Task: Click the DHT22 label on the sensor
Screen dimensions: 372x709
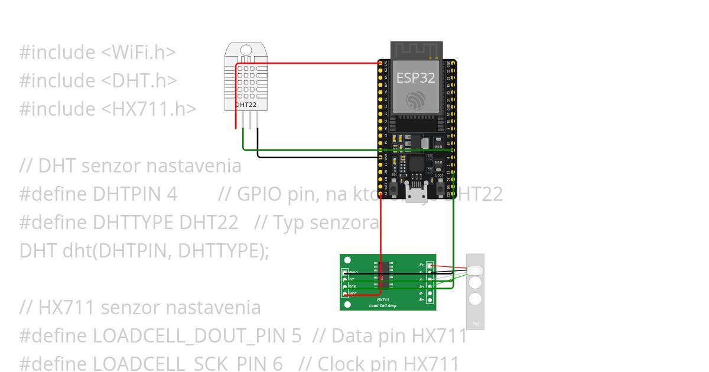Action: click(x=246, y=105)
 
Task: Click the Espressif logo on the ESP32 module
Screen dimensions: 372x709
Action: click(x=416, y=99)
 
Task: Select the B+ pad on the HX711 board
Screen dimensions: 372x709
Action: click(x=430, y=300)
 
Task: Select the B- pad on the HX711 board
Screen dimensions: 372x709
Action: click(x=430, y=293)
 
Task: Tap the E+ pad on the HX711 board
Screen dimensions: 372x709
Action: click(x=430, y=266)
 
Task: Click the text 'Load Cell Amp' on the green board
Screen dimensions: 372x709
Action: click(x=382, y=305)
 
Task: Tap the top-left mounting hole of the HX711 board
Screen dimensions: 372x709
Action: click(x=347, y=260)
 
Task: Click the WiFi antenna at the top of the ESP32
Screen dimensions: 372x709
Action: click(x=417, y=50)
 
